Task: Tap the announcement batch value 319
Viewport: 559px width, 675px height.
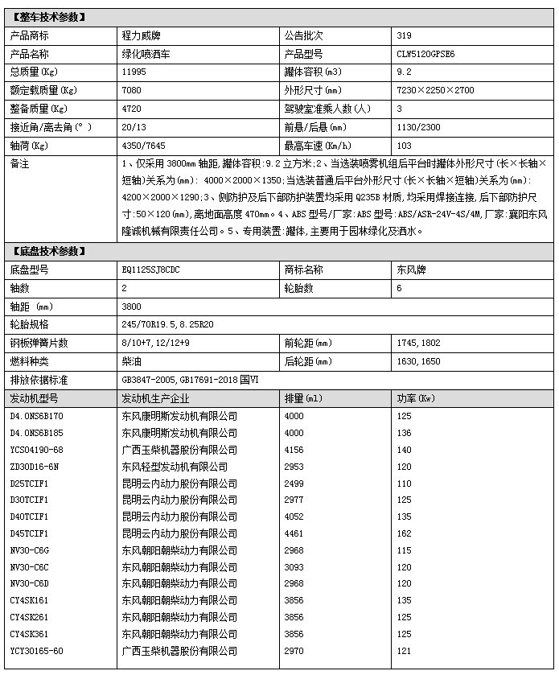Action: pyautogui.click(x=404, y=35)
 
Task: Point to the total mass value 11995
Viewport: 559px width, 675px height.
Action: pyautogui.click(x=134, y=72)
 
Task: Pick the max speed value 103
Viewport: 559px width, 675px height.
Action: pyautogui.click(x=404, y=146)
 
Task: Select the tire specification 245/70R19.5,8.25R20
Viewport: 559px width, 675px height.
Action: pyautogui.click(x=167, y=325)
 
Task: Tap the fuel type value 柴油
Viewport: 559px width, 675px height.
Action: pyautogui.click(x=129, y=361)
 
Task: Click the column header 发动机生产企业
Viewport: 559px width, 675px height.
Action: pyautogui.click(x=156, y=398)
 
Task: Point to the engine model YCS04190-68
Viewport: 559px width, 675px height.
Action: pyautogui.click(x=36, y=451)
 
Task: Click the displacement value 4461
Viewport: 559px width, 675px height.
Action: pyautogui.click(x=295, y=533)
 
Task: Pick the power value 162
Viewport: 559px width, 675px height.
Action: pyautogui.click(x=404, y=533)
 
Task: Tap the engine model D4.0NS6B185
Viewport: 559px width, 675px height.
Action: pyautogui.click(x=36, y=433)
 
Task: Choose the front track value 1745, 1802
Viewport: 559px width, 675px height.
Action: pyautogui.click(x=419, y=344)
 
